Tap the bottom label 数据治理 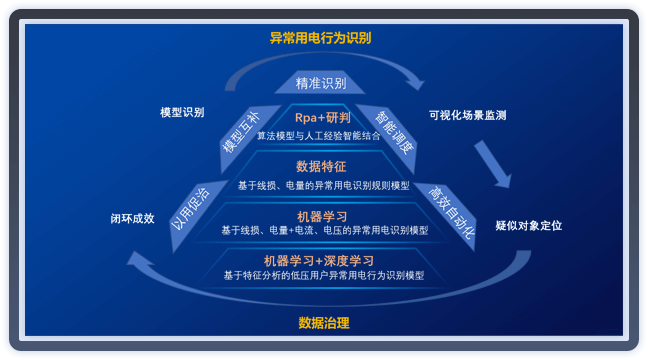324,323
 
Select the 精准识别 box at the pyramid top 321,83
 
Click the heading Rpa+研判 322,118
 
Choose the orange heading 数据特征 322,166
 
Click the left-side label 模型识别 182,112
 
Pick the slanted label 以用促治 191,208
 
